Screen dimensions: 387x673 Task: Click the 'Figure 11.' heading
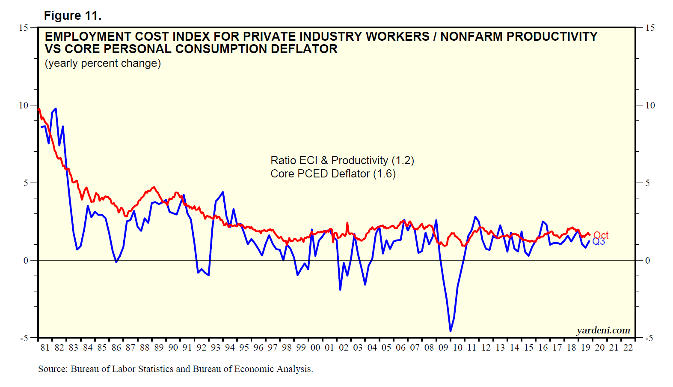click(72, 16)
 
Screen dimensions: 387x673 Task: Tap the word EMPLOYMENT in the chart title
click(88, 37)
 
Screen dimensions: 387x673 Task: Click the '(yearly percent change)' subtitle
click(103, 63)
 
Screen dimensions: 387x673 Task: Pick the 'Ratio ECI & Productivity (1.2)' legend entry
click(342, 160)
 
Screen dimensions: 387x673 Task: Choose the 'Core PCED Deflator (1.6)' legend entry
click(333, 174)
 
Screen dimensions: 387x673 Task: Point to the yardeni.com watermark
click(603, 330)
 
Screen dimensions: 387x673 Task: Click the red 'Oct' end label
click(601, 235)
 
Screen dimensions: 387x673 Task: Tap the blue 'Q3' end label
click(599, 242)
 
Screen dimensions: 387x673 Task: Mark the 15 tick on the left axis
click(23, 28)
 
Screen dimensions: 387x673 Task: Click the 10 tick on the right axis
click(649, 105)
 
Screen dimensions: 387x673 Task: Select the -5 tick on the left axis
click(23, 338)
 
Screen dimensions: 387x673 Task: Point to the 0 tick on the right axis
click(647, 261)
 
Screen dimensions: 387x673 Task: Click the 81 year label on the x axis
click(45, 348)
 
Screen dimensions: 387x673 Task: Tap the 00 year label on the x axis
click(315, 348)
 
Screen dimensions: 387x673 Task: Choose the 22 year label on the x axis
click(628, 348)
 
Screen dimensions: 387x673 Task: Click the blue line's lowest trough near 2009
click(451, 331)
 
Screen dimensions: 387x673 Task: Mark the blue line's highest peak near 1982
click(56, 109)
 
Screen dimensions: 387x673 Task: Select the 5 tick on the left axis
click(26, 183)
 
